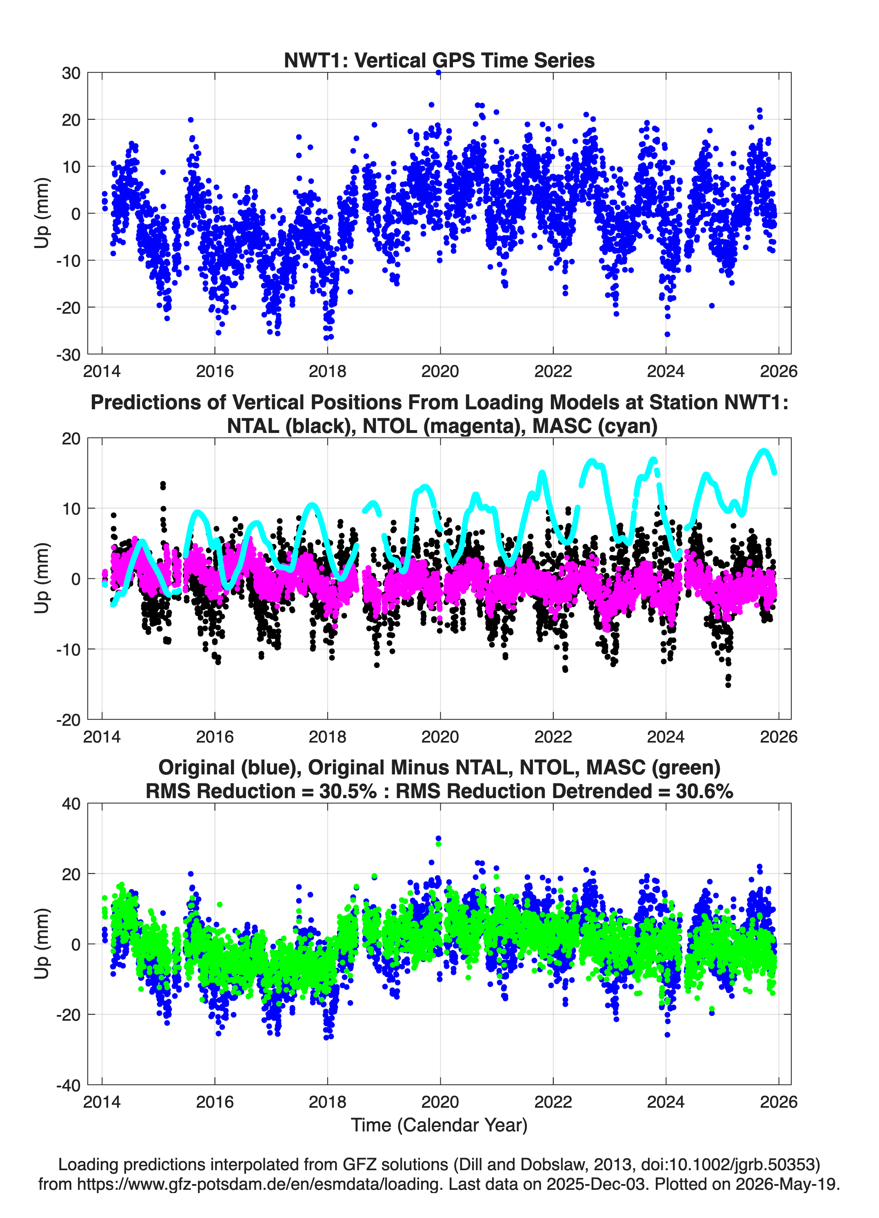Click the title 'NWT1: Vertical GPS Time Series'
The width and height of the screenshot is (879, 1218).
point(439,60)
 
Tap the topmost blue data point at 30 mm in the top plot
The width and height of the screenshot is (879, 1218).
point(438,73)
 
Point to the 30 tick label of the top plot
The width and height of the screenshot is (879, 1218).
point(71,73)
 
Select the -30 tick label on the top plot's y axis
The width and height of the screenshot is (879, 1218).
point(68,355)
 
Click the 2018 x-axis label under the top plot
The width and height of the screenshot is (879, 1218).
point(327,371)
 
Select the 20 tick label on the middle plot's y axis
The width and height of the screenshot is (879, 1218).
point(71,438)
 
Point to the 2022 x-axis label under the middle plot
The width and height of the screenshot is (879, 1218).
point(553,736)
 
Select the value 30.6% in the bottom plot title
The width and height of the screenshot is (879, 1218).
point(705,791)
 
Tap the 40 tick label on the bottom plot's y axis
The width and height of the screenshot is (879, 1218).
point(71,804)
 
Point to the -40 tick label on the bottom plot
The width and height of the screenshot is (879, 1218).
point(68,1085)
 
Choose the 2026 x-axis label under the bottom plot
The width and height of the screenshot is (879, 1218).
point(779,1102)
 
